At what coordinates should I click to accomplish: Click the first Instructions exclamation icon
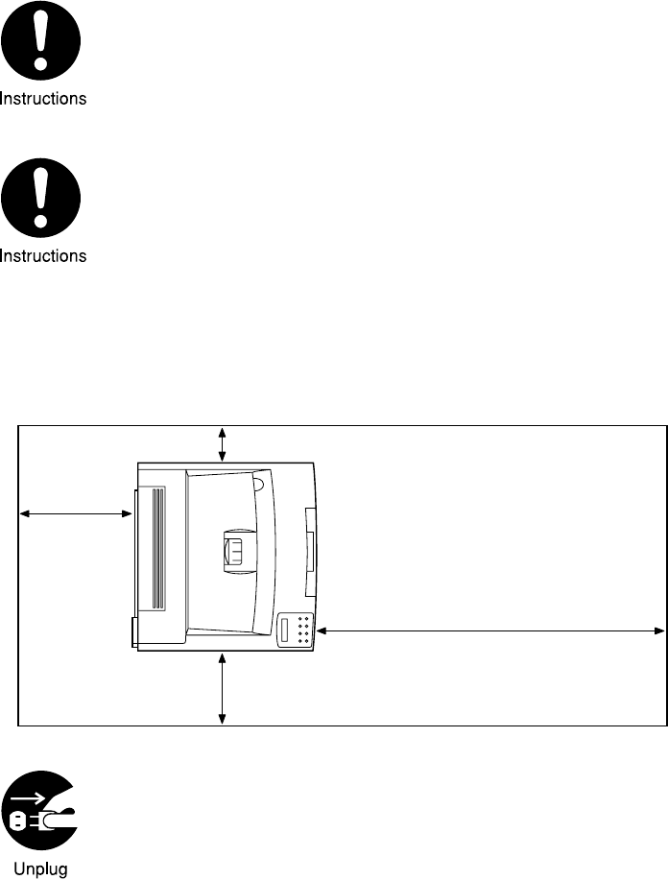(x=41, y=44)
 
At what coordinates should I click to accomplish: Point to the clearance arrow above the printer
(x=223, y=444)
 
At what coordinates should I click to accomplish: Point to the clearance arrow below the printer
(x=223, y=688)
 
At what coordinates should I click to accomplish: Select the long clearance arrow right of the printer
(x=490, y=630)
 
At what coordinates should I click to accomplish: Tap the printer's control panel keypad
(x=302, y=630)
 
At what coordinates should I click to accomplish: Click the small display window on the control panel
(x=285, y=630)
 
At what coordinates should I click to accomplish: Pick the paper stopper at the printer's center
(x=234, y=554)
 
